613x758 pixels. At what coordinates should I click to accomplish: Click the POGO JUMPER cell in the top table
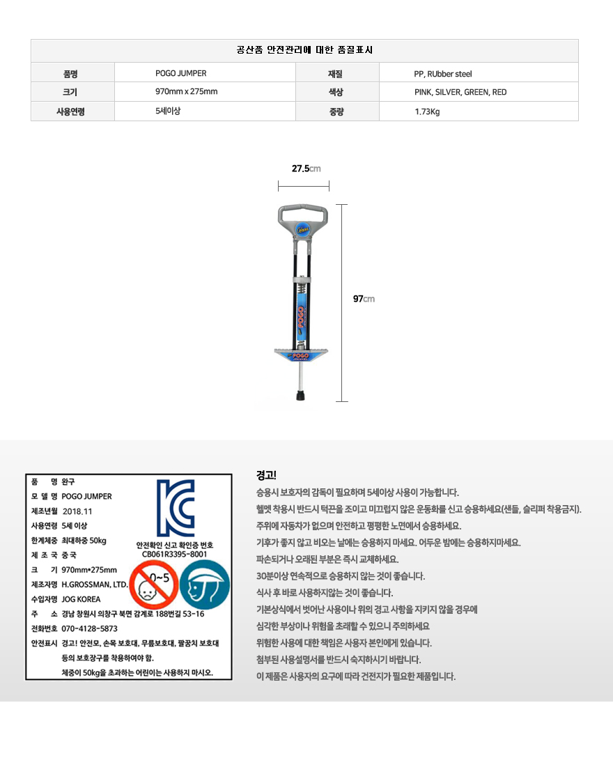180,73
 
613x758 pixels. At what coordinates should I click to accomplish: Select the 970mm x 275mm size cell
186,92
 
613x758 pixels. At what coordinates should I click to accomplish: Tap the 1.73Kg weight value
427,111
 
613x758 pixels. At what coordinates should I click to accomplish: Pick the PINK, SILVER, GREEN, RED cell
460,92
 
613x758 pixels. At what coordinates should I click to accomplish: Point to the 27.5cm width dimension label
305,169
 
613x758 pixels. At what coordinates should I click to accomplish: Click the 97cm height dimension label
364,299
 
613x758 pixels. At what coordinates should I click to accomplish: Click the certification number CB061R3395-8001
174,555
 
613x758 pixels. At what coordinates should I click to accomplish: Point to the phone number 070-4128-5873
90,628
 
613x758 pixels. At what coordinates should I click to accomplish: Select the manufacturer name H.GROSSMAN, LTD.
95,585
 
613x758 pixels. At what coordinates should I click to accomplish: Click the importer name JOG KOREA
81,599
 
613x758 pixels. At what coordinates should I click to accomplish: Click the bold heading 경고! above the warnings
266,476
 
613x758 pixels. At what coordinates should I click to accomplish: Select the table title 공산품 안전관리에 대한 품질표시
304,50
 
